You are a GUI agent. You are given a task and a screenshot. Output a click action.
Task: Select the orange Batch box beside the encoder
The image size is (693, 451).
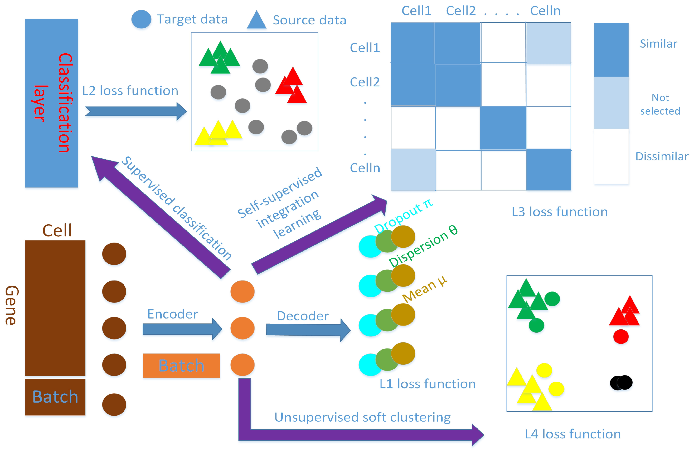tap(181, 365)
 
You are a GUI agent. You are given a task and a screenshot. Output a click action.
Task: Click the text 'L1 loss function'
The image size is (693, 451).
tap(427, 384)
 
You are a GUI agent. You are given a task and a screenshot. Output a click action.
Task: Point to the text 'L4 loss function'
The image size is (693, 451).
tap(572, 434)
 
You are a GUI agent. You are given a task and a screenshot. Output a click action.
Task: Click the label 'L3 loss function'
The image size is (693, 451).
tap(559, 212)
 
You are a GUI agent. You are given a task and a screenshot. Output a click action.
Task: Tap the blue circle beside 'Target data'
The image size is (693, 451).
tap(141, 19)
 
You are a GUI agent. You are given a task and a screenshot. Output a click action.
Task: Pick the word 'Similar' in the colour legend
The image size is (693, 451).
tap(658, 44)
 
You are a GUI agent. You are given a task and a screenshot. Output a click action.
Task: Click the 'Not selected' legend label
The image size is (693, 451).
tap(660, 104)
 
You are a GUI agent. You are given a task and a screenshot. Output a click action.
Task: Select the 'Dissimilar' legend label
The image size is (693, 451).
tap(662, 157)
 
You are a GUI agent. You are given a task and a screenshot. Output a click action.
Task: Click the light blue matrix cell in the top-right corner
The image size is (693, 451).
tap(548, 43)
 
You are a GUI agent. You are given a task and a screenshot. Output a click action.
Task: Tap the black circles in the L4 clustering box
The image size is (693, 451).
tap(621, 383)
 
